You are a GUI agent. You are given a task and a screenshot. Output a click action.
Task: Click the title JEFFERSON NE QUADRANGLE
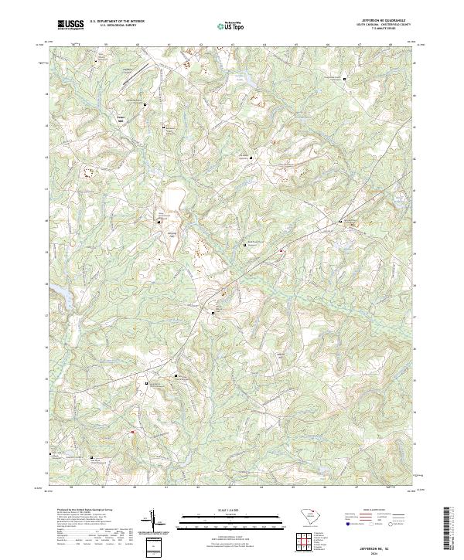(x=382, y=20)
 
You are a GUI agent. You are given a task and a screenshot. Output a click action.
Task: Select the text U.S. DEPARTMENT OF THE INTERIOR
(x=117, y=22)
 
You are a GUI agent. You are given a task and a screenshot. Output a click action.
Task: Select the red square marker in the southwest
(x=132, y=433)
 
